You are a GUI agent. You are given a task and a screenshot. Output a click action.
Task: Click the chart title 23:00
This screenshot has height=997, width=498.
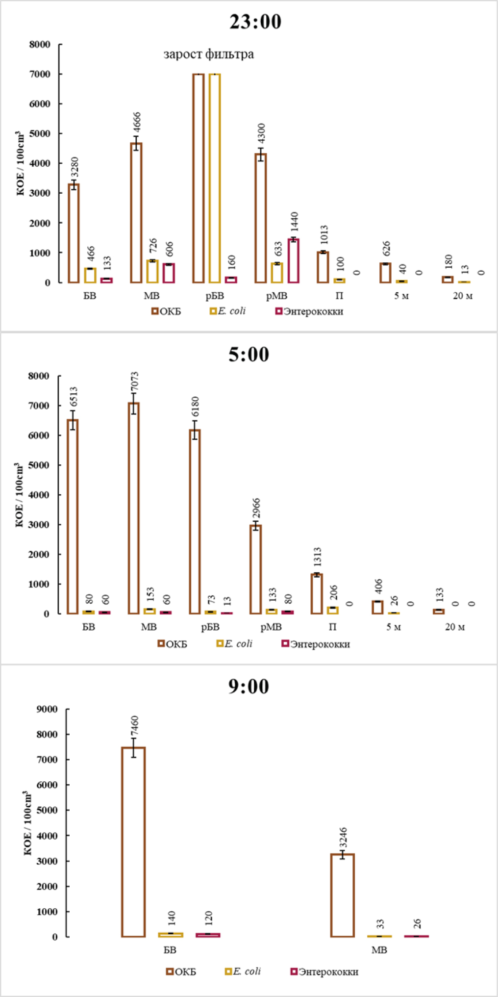click(255, 22)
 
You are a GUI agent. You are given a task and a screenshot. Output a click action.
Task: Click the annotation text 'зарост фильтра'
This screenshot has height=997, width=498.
click(209, 54)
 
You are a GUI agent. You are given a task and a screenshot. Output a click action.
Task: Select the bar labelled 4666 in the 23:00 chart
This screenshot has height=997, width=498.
click(136, 213)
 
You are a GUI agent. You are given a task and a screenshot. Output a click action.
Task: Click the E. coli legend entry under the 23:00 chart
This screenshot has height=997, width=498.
click(228, 311)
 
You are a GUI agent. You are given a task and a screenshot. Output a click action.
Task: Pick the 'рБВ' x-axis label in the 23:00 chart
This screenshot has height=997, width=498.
click(215, 296)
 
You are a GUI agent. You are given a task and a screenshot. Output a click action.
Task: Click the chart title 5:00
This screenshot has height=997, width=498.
click(249, 355)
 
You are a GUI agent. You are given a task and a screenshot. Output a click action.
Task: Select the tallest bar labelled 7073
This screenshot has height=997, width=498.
click(133, 508)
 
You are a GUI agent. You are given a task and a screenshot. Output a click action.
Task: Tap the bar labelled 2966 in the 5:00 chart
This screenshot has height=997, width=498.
click(255, 569)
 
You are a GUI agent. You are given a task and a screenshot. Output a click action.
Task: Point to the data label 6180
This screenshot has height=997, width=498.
click(195, 407)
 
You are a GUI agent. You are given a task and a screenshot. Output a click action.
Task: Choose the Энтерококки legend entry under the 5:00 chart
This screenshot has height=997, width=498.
click(316, 644)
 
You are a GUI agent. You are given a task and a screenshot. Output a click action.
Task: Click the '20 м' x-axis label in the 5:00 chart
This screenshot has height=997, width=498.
click(455, 627)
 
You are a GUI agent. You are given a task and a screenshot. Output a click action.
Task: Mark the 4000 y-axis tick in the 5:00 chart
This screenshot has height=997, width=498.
click(39, 495)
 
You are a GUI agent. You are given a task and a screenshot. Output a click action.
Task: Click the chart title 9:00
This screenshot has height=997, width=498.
click(249, 687)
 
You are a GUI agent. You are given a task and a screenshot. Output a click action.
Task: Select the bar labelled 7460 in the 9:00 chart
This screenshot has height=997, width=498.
click(133, 842)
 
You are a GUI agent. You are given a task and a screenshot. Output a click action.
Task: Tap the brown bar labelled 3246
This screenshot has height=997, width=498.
click(343, 895)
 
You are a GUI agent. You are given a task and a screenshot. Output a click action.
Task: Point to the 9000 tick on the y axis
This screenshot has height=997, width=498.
click(48, 709)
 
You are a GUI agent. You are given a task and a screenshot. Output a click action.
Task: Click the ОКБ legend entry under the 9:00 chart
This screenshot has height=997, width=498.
click(181, 971)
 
